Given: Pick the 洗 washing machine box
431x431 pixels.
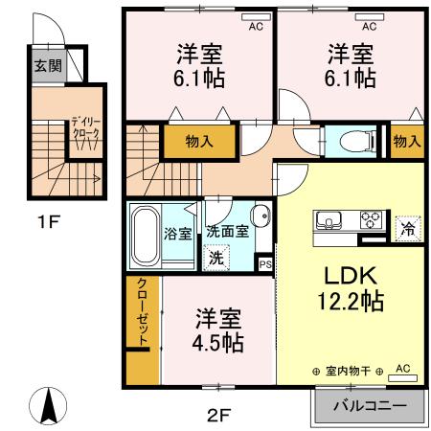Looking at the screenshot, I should pyautogui.click(x=217, y=257).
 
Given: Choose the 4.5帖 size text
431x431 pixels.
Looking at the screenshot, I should pyautogui.click(x=219, y=341).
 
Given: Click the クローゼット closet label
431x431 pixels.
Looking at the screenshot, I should pyautogui.click(x=143, y=314).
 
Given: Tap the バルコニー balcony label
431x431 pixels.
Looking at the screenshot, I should pyautogui.click(x=368, y=405).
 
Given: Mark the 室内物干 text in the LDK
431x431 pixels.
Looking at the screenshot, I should pyautogui.click(x=347, y=371).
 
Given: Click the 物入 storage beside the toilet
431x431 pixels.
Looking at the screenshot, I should pyautogui.click(x=407, y=141).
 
